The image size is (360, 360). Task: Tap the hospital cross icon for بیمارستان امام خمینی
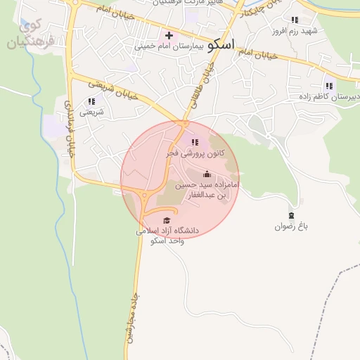click(x=169, y=35)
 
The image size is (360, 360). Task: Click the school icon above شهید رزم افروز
click(x=294, y=20)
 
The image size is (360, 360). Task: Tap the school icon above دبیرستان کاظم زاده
click(x=329, y=86)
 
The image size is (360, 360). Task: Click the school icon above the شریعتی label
click(x=91, y=101)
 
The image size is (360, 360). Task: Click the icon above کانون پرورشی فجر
click(x=195, y=143)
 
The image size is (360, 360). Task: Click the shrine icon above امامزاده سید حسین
click(x=207, y=174)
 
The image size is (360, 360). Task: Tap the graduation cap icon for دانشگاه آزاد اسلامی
click(x=167, y=221)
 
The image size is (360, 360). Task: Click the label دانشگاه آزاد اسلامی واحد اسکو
click(x=168, y=236)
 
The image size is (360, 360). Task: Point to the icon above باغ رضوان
click(x=292, y=215)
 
